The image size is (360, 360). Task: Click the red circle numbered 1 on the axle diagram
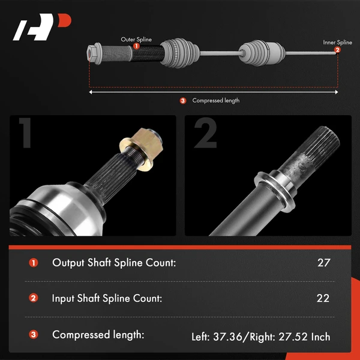(136, 46)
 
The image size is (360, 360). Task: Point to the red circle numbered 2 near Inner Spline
(337, 50)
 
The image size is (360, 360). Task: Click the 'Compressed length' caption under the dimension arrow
(215, 100)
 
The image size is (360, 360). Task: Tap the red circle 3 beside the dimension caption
(183, 100)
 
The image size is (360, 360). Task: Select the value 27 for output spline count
(324, 262)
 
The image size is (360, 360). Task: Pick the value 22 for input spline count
(324, 298)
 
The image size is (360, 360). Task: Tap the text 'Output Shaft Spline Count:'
(114, 262)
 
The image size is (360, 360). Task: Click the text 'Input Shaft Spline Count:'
(107, 298)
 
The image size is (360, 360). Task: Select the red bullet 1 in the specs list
(33, 262)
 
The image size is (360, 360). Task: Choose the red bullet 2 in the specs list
(33, 298)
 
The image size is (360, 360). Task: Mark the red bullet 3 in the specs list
(33, 335)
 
